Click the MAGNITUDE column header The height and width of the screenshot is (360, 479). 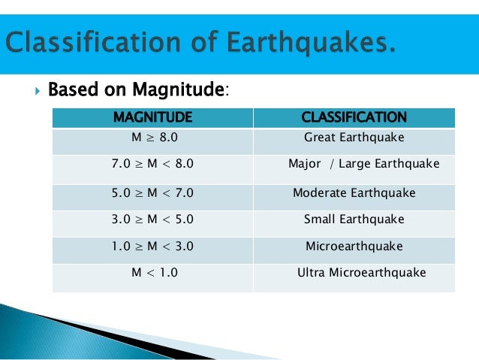(x=152, y=117)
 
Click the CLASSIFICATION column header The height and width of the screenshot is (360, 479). (x=354, y=117)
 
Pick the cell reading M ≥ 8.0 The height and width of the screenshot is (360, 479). (x=152, y=138)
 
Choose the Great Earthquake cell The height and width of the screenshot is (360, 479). (x=354, y=138)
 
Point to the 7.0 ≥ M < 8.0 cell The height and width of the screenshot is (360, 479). (x=152, y=164)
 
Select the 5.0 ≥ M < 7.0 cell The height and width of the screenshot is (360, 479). (x=152, y=192)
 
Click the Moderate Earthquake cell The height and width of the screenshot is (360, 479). (x=354, y=192)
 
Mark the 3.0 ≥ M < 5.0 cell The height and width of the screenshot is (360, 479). (x=152, y=219)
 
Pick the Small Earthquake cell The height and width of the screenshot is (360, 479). (x=354, y=219)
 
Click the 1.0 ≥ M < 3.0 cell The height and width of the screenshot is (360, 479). (x=152, y=246)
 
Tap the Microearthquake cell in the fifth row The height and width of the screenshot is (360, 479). (x=354, y=246)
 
